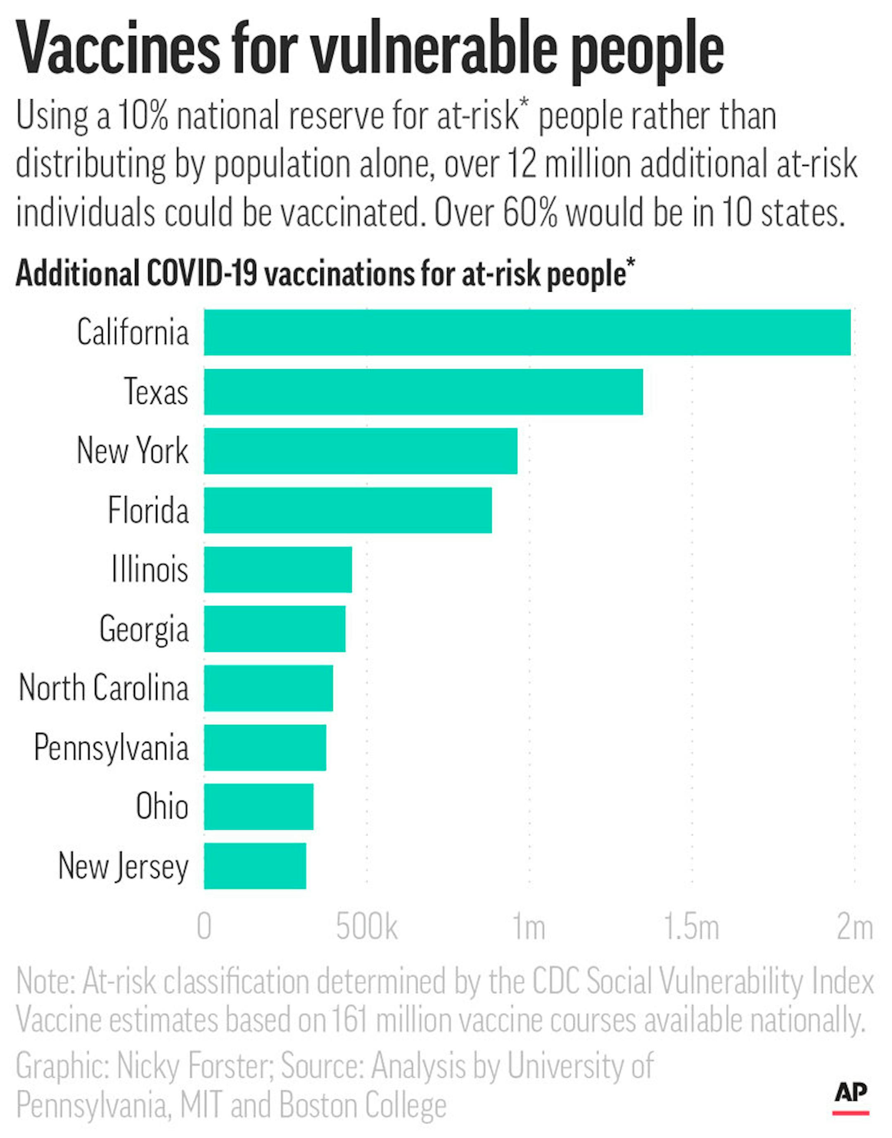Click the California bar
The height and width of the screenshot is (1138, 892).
pos(527,332)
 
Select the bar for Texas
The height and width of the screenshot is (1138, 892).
pos(423,392)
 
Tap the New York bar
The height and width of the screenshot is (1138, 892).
pos(361,451)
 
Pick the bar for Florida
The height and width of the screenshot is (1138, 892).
pos(347,510)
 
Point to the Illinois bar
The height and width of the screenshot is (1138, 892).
pos(278,569)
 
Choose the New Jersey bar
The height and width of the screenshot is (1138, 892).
pos(255,866)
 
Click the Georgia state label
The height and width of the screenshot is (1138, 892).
pos(144,629)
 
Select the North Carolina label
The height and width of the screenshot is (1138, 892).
pos(103,688)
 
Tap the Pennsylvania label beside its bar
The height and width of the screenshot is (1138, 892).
pos(111,748)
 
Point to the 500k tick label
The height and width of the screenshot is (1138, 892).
pos(367,927)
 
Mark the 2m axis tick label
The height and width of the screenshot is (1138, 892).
pos(854,927)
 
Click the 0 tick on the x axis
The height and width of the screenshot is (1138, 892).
pos(204,927)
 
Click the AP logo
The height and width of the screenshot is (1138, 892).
pos(850,1094)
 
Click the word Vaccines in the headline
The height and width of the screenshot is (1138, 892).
pos(118,50)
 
